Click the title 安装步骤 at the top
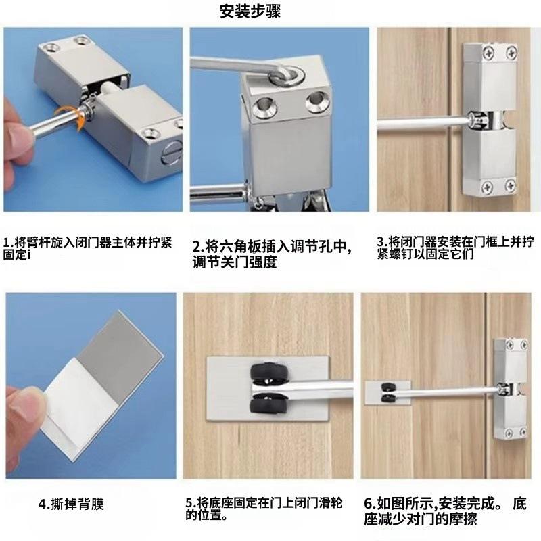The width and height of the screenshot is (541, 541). point(250,11)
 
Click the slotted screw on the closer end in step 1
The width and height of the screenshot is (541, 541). point(171,154)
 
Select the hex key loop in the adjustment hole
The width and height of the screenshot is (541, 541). point(287,74)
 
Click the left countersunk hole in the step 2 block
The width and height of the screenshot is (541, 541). point(263,106)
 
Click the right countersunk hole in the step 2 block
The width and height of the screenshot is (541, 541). point(317,101)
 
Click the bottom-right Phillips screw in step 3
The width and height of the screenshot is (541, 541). point(511,185)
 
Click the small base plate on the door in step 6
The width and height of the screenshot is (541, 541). point(388,393)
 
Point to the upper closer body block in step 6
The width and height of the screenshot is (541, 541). point(510,361)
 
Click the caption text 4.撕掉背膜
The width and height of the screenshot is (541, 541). point(71,504)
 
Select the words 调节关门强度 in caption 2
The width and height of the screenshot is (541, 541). point(235,262)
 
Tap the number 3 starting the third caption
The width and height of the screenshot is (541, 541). point(380,242)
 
